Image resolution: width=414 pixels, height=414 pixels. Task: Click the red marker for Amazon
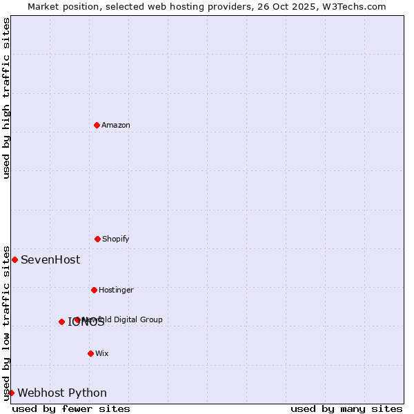coord(97,125)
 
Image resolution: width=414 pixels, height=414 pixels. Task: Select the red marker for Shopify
coord(97,239)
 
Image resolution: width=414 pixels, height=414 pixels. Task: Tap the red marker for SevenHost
coord(14,259)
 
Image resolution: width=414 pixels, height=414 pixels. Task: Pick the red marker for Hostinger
coord(94,290)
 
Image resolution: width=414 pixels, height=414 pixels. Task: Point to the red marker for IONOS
coord(61,322)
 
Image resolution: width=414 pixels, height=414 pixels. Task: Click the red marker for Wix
coord(90,353)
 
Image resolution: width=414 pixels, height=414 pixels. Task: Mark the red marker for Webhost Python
coord(11,393)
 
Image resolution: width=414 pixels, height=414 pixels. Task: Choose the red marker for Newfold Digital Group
coord(77,319)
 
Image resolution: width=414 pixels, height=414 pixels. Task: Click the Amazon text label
coord(116,125)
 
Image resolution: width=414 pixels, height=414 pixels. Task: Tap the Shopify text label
coord(116,239)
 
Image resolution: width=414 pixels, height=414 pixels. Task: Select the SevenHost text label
coord(50,259)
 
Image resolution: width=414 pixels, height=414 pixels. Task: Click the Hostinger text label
coord(116,290)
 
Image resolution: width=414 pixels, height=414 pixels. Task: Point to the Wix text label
coord(102,353)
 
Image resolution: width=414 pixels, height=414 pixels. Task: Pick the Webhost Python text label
coord(62,393)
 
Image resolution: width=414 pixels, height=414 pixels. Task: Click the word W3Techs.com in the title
coord(353,6)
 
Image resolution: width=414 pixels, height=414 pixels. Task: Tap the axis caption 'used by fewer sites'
coord(71,408)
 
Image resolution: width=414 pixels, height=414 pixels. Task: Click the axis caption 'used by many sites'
coord(346,408)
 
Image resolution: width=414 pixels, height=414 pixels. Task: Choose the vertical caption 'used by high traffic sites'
coord(6,98)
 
